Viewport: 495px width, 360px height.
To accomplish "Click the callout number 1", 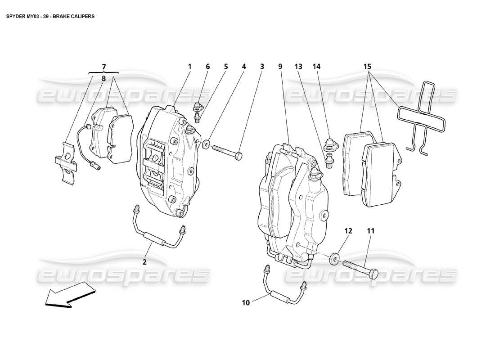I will tap(190, 67).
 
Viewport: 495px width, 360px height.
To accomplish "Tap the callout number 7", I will tap(104, 67).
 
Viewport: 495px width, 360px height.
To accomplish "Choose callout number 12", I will tap(348, 231).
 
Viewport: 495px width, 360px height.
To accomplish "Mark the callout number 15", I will tap(368, 67).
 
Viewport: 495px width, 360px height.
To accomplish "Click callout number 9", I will tap(280, 67).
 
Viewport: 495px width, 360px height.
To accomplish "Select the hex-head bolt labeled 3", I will tap(227, 151).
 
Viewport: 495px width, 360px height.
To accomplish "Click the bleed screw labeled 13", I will tap(327, 159).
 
